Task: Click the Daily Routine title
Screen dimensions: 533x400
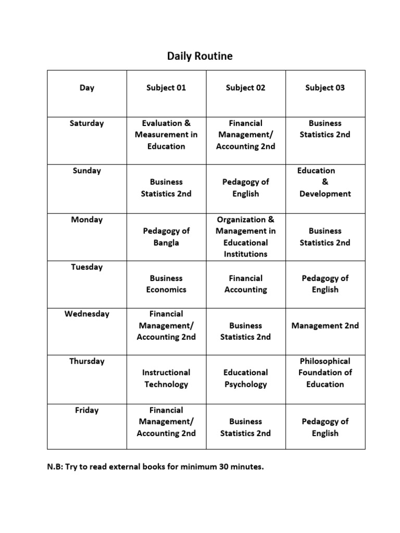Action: pyautogui.click(x=200, y=56)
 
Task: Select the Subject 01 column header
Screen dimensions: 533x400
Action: pyautogui.click(x=166, y=87)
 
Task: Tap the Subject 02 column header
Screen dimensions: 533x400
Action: pyautogui.click(x=245, y=87)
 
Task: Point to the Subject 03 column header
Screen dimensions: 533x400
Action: pyautogui.click(x=325, y=87)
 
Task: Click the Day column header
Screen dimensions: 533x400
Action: pyautogui.click(x=87, y=87)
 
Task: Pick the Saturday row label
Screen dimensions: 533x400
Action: pyautogui.click(x=87, y=123)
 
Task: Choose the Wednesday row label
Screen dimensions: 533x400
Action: pyautogui.click(x=87, y=314)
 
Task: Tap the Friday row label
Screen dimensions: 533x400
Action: pyautogui.click(x=87, y=410)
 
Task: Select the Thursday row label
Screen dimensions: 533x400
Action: pyautogui.click(x=87, y=361)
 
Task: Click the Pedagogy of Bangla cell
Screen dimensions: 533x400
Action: pyautogui.click(x=166, y=237)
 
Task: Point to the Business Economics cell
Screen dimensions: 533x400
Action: pyautogui.click(x=166, y=284)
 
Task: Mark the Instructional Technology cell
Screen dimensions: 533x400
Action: pyautogui.click(x=166, y=378)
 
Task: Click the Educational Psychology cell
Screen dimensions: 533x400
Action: pyautogui.click(x=245, y=378)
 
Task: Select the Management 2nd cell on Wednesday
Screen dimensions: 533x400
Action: pyautogui.click(x=325, y=326)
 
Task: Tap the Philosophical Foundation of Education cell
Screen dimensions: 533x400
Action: pyautogui.click(x=325, y=373)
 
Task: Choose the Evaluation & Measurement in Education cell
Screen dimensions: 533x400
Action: pyautogui.click(x=166, y=135)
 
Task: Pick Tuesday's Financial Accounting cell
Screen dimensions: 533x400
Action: pyautogui.click(x=245, y=284)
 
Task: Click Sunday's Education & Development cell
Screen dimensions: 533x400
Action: pyautogui.click(x=325, y=182)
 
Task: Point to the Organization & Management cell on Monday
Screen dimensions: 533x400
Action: pyautogui.click(x=245, y=237)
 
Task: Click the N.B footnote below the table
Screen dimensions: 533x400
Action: pyautogui.click(x=156, y=467)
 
